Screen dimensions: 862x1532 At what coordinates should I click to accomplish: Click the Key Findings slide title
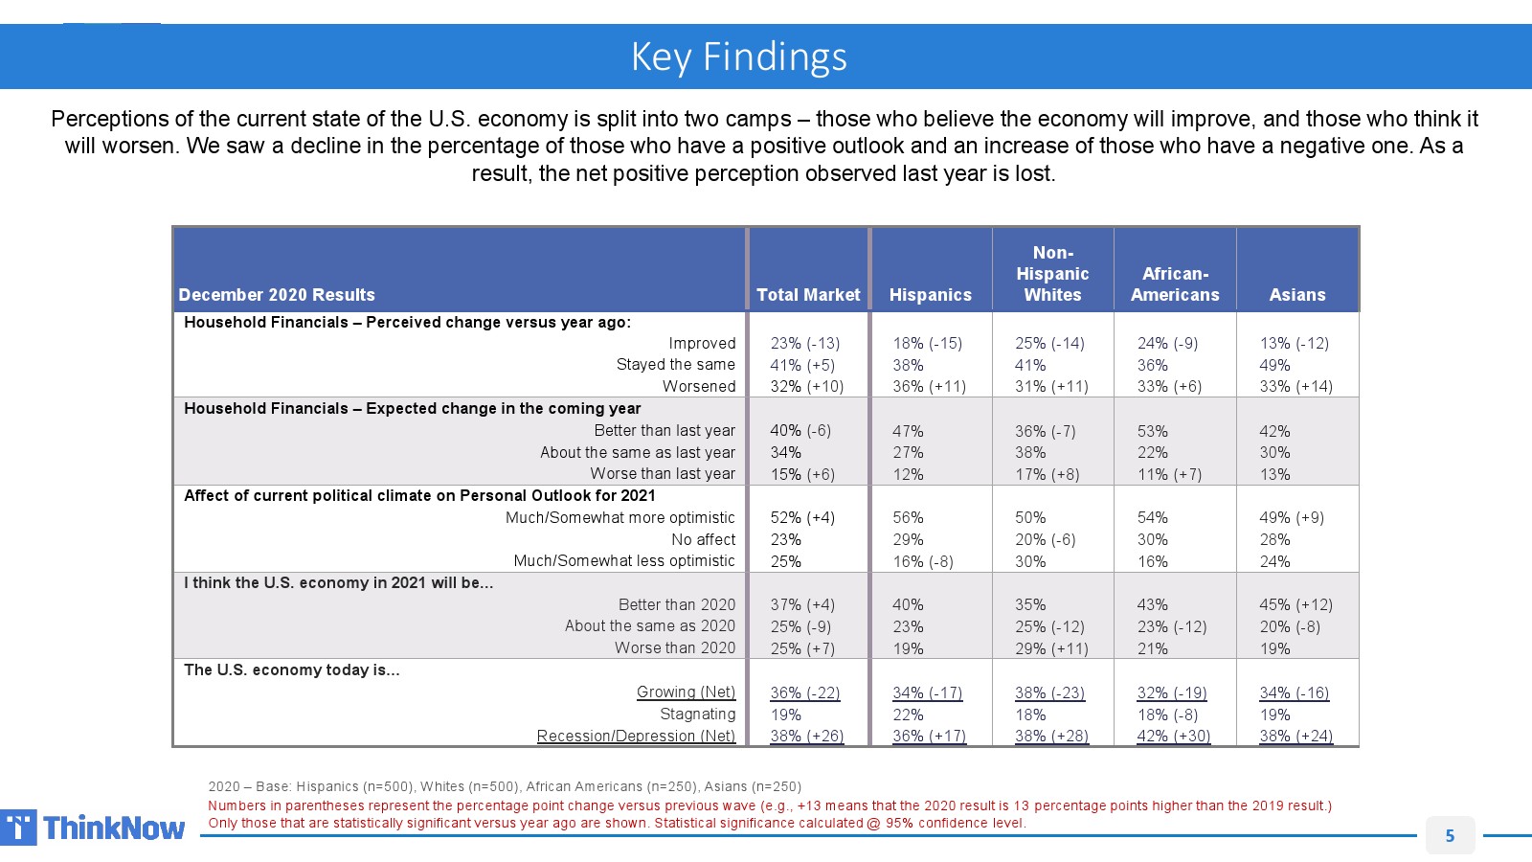(738, 57)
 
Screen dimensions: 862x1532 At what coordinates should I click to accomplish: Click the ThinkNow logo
(93, 828)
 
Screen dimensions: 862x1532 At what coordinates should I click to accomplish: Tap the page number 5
(1450, 835)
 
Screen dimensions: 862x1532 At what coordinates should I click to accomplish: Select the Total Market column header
(808, 295)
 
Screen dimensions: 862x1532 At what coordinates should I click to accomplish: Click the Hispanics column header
(930, 295)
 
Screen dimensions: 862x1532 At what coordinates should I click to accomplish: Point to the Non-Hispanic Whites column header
(1052, 274)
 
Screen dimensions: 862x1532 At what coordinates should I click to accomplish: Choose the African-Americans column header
(1175, 284)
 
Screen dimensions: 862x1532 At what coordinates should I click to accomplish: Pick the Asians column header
(1297, 295)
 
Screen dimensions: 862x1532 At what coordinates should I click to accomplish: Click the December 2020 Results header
(277, 295)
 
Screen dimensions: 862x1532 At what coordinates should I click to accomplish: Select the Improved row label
(702, 343)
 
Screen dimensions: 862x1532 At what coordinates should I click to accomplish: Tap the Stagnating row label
(697, 714)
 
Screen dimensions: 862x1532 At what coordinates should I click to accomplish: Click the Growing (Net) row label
(686, 692)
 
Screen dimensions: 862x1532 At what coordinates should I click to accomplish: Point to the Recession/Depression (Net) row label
(636, 736)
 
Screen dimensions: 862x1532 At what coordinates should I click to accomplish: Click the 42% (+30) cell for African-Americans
(1173, 736)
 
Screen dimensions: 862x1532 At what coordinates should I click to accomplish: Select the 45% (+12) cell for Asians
(1295, 604)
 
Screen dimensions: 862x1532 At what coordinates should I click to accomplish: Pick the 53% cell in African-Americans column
(1152, 431)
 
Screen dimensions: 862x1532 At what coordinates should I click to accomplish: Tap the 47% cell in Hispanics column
(908, 431)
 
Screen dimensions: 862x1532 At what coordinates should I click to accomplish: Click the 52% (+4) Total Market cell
(802, 517)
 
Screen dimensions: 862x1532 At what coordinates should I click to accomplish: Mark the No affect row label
(703, 539)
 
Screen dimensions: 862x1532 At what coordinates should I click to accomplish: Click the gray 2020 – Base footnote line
(505, 786)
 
